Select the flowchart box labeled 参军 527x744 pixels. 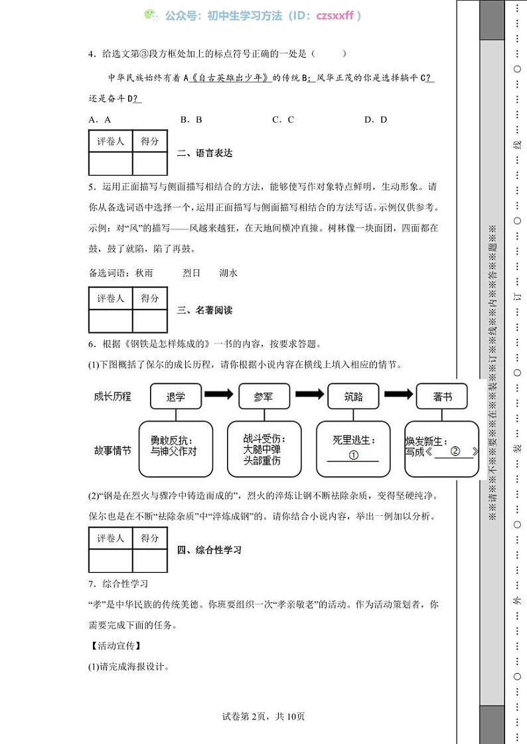pos(263,397)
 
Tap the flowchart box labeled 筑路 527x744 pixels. pos(353,397)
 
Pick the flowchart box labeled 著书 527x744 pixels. pos(442,397)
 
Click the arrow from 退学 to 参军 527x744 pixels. pos(218,395)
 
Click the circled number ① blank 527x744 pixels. pos(353,455)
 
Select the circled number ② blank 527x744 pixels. pos(455,451)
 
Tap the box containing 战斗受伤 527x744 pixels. pos(263,449)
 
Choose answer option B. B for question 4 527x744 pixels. pos(190,119)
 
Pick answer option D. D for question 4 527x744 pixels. pos(375,119)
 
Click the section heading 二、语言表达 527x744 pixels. pos(205,153)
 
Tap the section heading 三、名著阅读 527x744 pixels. pos(205,310)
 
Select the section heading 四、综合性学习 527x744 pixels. pos(210,550)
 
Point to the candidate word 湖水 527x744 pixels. pos(228,273)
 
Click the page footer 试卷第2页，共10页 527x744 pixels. pos(263,716)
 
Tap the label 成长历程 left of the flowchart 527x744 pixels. pos(113,397)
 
